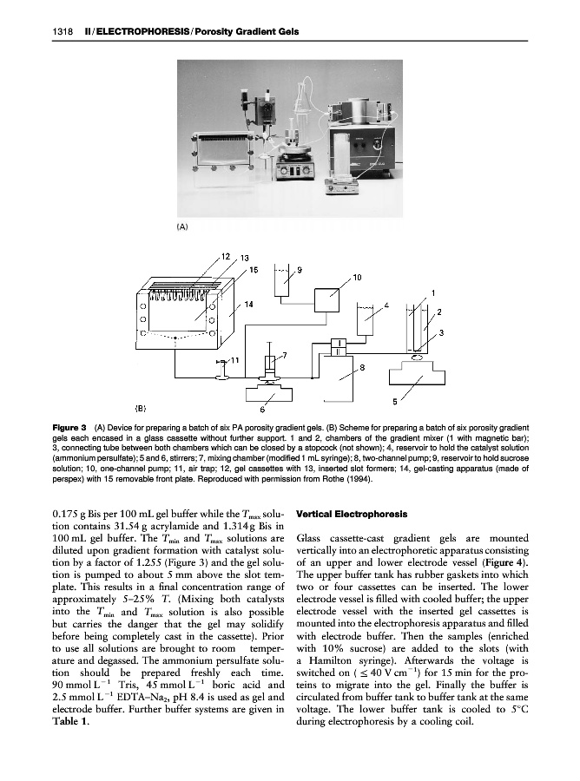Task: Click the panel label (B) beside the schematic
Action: pyautogui.click(x=140, y=407)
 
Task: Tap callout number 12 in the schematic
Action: pyautogui.click(x=225, y=256)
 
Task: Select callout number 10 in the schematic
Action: pyautogui.click(x=357, y=277)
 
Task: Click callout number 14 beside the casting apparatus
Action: pyautogui.click(x=248, y=304)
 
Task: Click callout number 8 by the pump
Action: pyautogui.click(x=362, y=369)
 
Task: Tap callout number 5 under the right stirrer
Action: pyautogui.click(x=395, y=401)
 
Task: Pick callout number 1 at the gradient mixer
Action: pyautogui.click(x=433, y=293)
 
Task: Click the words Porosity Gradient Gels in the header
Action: pyautogui.click(x=249, y=32)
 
